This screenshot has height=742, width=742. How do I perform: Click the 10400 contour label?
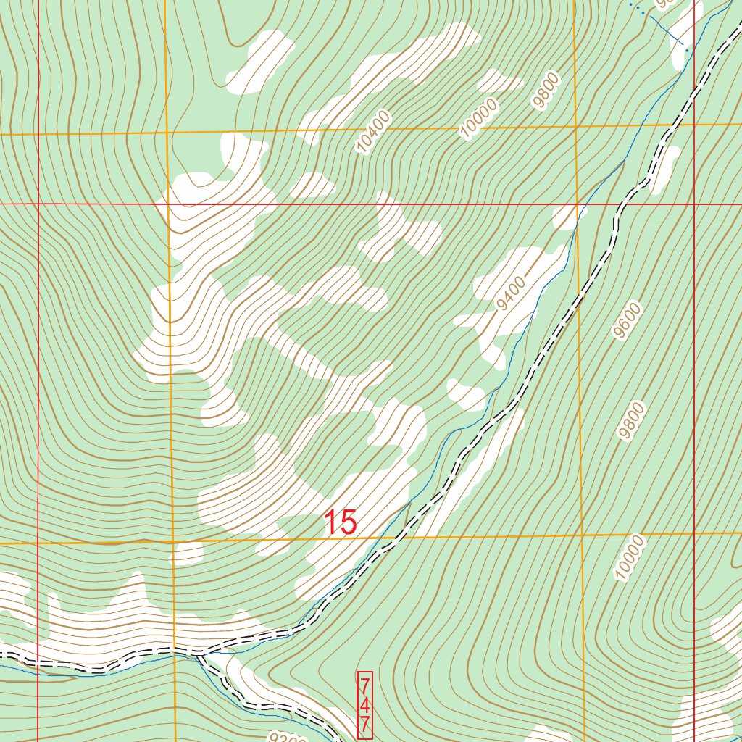click(374, 131)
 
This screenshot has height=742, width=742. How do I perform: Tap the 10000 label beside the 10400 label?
click(480, 118)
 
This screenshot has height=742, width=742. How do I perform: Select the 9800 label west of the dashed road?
click(546, 90)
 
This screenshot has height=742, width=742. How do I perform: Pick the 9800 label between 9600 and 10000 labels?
click(632, 420)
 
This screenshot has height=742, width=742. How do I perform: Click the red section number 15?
click(340, 522)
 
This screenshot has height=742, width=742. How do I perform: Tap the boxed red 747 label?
click(365, 704)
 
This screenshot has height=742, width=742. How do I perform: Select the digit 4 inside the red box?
click(365, 705)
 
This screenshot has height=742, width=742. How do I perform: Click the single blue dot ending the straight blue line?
click(685, 50)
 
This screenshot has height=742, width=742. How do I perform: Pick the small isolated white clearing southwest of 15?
click(188, 554)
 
